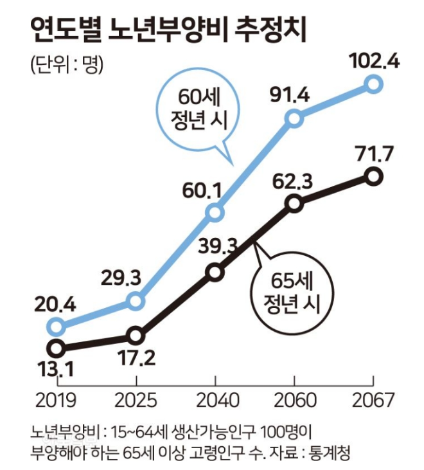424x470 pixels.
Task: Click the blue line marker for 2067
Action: coord(374,84)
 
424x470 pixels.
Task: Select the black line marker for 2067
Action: coord(374,176)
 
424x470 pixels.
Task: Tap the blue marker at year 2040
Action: coord(216,213)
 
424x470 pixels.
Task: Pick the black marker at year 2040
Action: coord(216,273)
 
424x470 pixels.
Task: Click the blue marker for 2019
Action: coord(57,326)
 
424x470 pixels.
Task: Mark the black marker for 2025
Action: coord(135,335)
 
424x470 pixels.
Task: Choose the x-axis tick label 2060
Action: coord(294,400)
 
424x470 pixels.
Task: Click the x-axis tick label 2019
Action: coord(57,400)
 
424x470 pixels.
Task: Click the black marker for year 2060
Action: coord(294,203)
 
